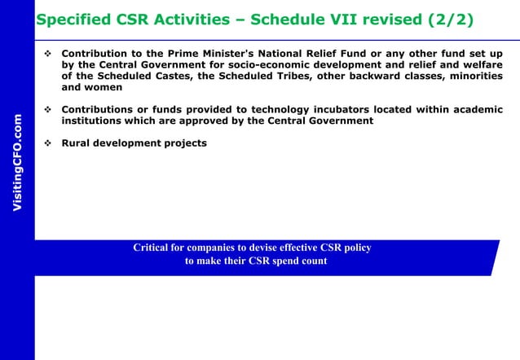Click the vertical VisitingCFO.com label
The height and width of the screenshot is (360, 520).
pos(17,164)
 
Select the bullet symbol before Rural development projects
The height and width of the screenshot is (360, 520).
pos(48,143)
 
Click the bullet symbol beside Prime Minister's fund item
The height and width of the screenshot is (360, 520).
pos(48,53)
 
